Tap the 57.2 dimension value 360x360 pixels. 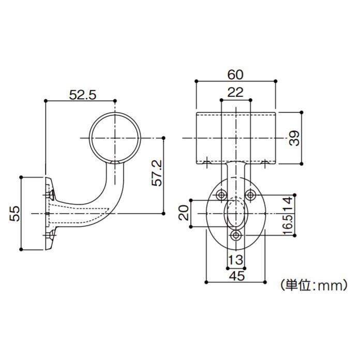point(158,173)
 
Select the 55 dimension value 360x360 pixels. point(15,213)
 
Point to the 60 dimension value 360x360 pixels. point(235,74)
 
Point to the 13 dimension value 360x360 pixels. point(236,259)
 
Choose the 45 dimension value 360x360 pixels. point(236,276)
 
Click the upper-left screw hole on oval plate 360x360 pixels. point(221,194)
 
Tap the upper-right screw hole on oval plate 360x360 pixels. point(250,194)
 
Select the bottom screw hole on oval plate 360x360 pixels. point(236,235)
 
